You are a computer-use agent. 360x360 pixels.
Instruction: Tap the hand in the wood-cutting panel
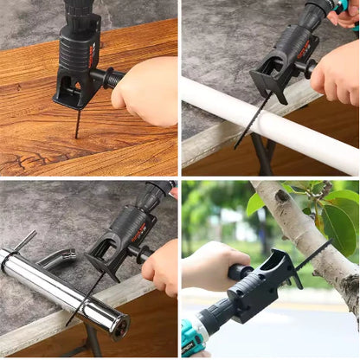pos(147,91)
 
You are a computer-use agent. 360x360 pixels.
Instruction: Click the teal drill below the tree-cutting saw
pos(195,341)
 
